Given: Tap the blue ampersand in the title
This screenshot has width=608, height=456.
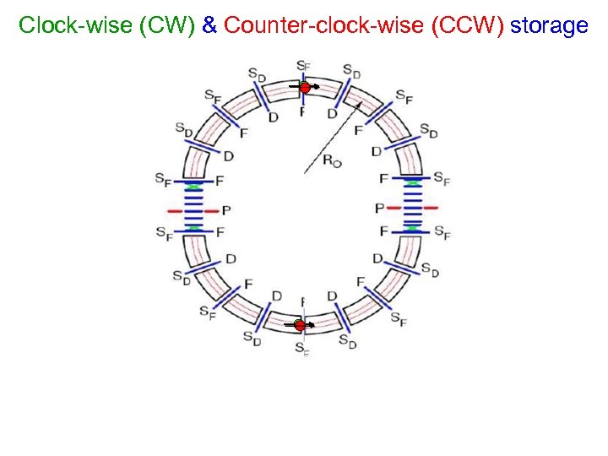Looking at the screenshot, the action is [x=209, y=25].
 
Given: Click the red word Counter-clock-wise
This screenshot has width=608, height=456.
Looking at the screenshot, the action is [x=324, y=25].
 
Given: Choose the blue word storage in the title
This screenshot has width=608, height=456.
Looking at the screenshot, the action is [x=549, y=25].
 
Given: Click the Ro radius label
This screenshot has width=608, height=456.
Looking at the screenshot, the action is [x=334, y=160].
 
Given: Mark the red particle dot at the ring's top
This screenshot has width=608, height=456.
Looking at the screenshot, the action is [x=305, y=87].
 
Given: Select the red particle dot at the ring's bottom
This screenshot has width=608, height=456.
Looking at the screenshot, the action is [x=300, y=325].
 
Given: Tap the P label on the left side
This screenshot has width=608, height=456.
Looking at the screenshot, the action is [x=226, y=210].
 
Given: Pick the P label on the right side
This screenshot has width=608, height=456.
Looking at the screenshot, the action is [x=380, y=208].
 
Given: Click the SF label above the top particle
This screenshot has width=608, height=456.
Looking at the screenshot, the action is [x=303, y=66].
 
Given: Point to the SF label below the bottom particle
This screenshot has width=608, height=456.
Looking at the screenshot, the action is [x=301, y=348].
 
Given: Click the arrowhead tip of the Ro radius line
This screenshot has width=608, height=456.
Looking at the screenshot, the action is [x=361, y=101].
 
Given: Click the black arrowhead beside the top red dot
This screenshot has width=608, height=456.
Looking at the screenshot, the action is [x=316, y=87].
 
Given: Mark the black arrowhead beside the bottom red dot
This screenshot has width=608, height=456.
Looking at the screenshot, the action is [x=312, y=325].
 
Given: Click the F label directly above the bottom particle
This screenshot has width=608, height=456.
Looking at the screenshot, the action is [x=302, y=301].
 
